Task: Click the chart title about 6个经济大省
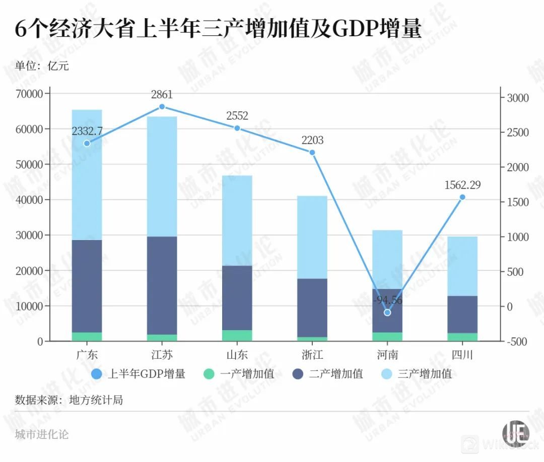218,30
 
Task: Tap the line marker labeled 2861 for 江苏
162,107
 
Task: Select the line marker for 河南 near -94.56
387,313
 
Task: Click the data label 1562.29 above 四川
462,185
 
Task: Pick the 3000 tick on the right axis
518,98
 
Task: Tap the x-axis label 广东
87,355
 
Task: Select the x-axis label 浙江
312,355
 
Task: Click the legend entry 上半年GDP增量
139,374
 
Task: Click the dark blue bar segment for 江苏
162,285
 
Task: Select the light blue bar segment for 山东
237,220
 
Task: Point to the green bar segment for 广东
87,337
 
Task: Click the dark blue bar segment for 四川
462,315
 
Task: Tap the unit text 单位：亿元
42,66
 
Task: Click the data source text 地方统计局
69,400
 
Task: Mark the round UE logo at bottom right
515,433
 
